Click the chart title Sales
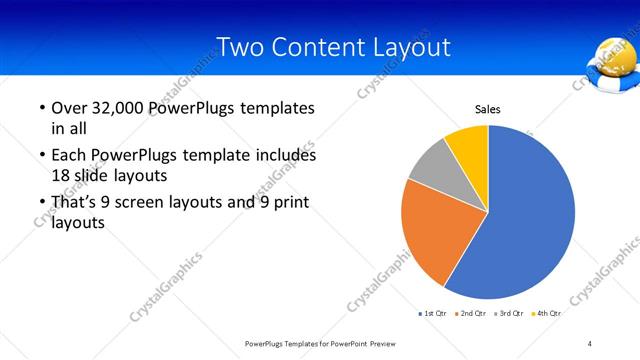(487, 110)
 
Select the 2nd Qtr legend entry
(471, 313)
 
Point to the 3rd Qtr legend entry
(509, 313)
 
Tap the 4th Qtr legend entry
(546, 313)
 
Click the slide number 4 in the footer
(590, 343)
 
